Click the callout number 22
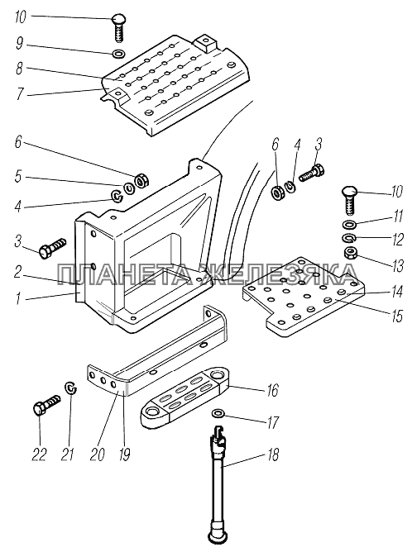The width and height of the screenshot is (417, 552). [x=39, y=454]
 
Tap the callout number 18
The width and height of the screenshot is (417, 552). [x=273, y=454]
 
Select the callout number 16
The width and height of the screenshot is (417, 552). [x=273, y=390]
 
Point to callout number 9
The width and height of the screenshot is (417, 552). [x=20, y=45]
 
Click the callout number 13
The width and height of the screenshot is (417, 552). [x=398, y=266]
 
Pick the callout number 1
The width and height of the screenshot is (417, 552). [x=18, y=299]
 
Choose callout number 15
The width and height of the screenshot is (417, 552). [x=397, y=316]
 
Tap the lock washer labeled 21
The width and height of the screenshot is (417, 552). [x=71, y=388]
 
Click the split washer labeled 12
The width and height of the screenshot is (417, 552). [x=349, y=238]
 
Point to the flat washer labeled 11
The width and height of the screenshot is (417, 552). [x=349, y=224]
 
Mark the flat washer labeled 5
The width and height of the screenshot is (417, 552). [x=130, y=189]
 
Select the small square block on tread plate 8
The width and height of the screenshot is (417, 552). [x=205, y=43]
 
